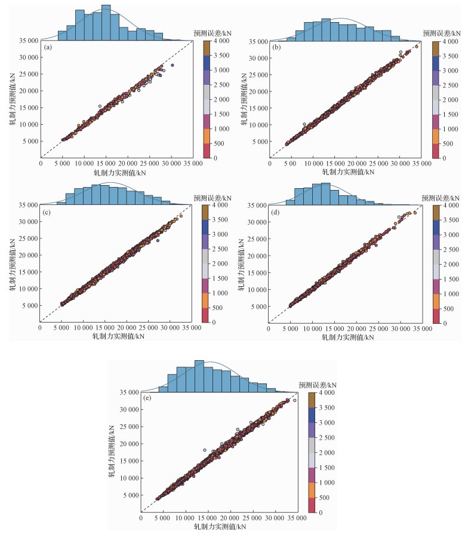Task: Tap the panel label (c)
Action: coord(47,210)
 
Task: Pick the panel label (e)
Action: coord(148,397)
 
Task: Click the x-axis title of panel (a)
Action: coord(115,171)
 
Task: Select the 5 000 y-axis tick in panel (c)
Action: coord(29,305)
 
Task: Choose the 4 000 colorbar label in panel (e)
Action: coord(322,393)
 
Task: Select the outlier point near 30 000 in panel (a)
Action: coord(173,65)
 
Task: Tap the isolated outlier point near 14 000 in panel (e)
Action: coord(204,450)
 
